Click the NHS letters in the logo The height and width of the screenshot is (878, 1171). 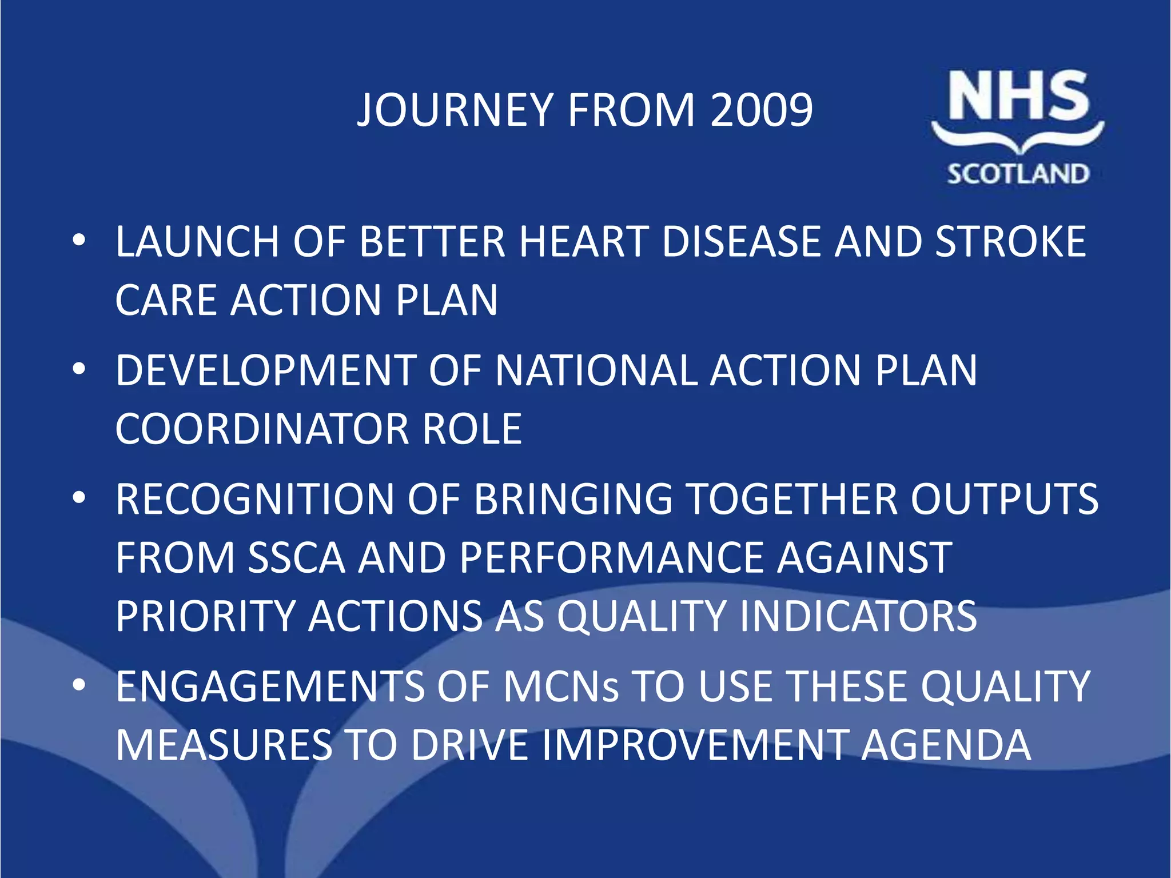click(1018, 96)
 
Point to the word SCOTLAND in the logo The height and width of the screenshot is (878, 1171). click(1018, 174)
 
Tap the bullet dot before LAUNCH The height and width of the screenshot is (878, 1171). click(79, 240)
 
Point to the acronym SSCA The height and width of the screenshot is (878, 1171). click(297, 558)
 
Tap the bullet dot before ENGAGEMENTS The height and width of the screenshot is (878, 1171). click(79, 684)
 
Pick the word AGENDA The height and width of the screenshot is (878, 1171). click(946, 745)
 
